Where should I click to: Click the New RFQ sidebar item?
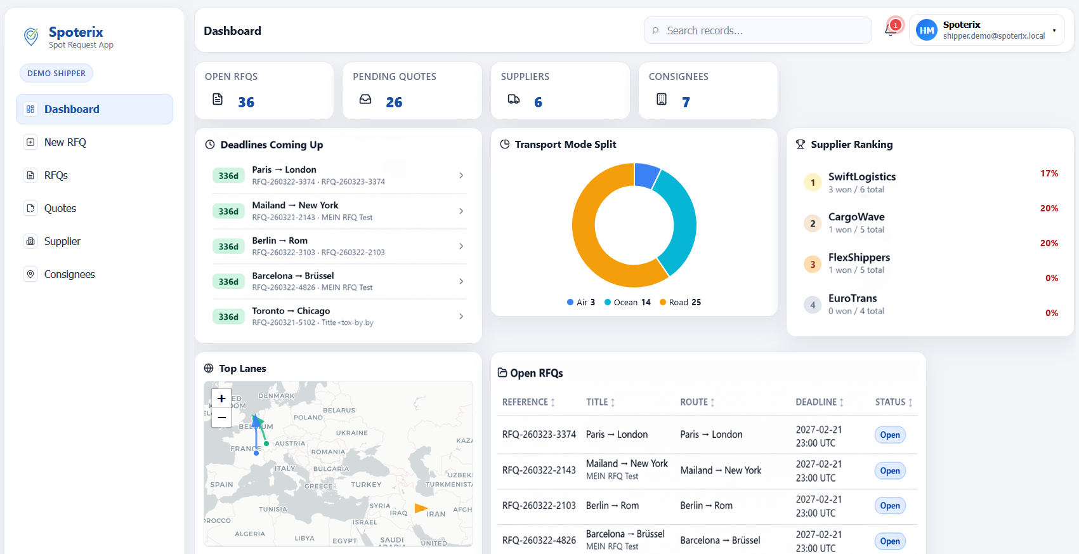click(x=65, y=142)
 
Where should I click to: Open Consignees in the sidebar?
click(x=69, y=274)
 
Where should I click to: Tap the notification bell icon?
click(x=891, y=30)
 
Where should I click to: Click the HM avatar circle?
click(x=926, y=30)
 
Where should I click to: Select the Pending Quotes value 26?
click(x=394, y=102)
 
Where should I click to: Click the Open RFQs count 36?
click(x=246, y=102)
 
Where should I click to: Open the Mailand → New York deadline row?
click(x=338, y=211)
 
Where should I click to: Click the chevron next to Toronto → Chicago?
click(x=461, y=316)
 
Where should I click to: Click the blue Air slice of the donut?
click(x=646, y=174)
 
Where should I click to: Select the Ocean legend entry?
click(x=627, y=302)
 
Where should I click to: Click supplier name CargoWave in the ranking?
click(x=856, y=217)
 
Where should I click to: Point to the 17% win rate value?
click(x=1049, y=173)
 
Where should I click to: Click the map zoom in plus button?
click(x=221, y=399)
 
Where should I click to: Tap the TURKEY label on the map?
click(x=366, y=484)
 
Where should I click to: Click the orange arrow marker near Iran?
click(x=421, y=508)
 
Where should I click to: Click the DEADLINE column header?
click(x=819, y=402)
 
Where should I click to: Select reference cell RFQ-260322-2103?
click(x=539, y=506)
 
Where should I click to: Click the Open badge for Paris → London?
click(x=889, y=435)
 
